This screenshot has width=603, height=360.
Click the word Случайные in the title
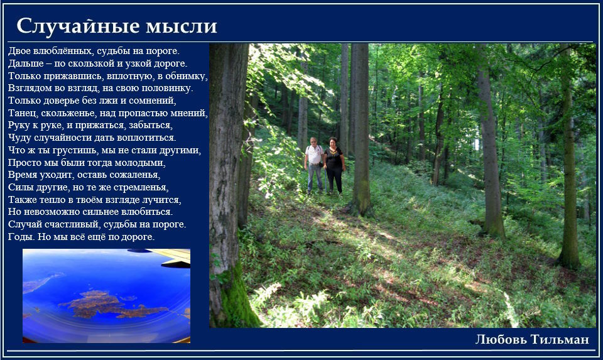click(x=78, y=27)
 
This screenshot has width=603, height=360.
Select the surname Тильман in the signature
click(x=560, y=339)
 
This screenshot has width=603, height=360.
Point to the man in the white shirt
click(x=315, y=165)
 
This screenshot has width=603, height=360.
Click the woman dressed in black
click(x=334, y=165)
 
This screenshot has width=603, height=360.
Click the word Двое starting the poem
click(x=19, y=51)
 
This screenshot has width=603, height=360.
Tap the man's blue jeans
click(x=315, y=178)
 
